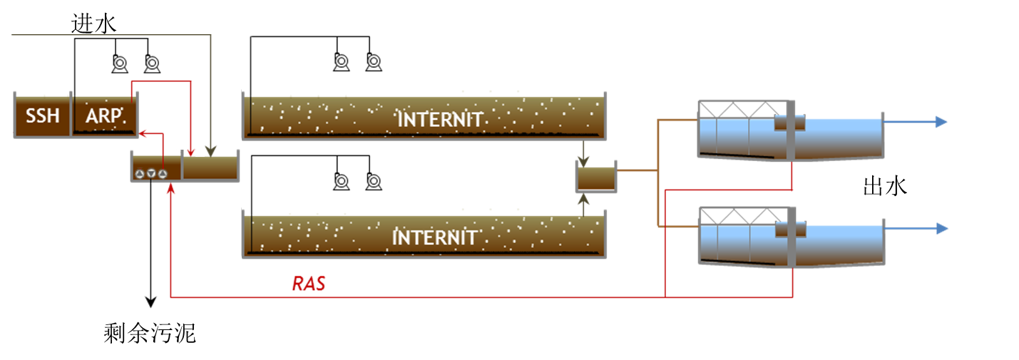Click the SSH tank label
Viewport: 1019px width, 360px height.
pyautogui.click(x=42, y=115)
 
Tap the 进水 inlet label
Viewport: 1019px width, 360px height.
pyautogui.click(x=93, y=24)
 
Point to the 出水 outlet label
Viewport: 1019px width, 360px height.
pyautogui.click(x=885, y=186)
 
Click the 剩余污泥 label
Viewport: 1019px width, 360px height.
pyautogui.click(x=150, y=333)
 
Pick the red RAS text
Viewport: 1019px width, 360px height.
pyautogui.click(x=309, y=284)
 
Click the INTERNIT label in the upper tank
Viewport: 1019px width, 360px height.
pyautogui.click(x=440, y=120)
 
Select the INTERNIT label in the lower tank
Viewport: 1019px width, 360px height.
pyautogui.click(x=434, y=237)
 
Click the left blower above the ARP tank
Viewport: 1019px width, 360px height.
pyautogui.click(x=120, y=63)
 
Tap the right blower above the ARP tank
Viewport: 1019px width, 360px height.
pyautogui.click(x=152, y=63)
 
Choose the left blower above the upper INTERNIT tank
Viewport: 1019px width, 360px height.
pyautogui.click(x=341, y=62)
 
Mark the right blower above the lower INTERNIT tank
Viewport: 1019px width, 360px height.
pyautogui.click(x=374, y=181)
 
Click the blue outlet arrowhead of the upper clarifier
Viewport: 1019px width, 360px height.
pyautogui.click(x=941, y=122)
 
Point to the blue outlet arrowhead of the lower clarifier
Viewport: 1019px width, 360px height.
pyautogui.click(x=942, y=229)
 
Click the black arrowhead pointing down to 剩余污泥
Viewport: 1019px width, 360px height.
pyautogui.click(x=150, y=302)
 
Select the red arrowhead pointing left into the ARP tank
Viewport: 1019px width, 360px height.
pyautogui.click(x=143, y=133)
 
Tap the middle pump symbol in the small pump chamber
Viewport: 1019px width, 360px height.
pyautogui.click(x=151, y=174)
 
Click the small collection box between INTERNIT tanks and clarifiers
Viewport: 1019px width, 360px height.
pyautogui.click(x=596, y=177)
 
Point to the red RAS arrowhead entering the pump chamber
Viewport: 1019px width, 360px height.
pyautogui.click(x=170, y=188)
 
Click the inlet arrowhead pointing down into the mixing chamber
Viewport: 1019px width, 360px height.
pyautogui.click(x=210, y=152)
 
